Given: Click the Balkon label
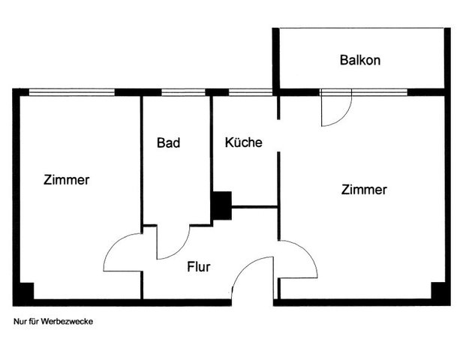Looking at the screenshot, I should pyautogui.click(x=359, y=60).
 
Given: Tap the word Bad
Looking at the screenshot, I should pyautogui.click(x=168, y=142).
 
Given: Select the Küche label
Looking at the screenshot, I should pyautogui.click(x=244, y=142).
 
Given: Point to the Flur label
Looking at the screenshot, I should pyautogui.click(x=198, y=266).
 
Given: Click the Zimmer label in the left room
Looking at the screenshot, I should pyautogui.click(x=67, y=180).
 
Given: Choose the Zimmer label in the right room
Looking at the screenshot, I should pyautogui.click(x=364, y=190).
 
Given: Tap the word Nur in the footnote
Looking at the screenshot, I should pyautogui.click(x=20, y=321).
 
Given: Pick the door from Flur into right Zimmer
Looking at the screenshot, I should pyautogui.click(x=299, y=259).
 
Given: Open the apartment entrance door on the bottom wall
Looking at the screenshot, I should pyautogui.click(x=253, y=278).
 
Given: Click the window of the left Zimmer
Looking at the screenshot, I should pyautogui.click(x=72, y=92).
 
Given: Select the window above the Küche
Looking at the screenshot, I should pyautogui.click(x=250, y=92).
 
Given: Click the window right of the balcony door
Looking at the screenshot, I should pyautogui.click(x=379, y=92).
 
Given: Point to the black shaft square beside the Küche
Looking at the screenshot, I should pyautogui.click(x=221, y=205).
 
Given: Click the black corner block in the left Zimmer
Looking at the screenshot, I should pyautogui.click(x=25, y=292).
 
